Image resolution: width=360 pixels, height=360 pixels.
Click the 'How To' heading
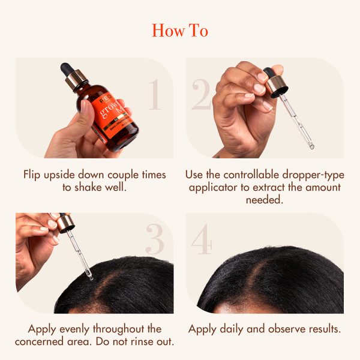pyautogui.click(x=180, y=30)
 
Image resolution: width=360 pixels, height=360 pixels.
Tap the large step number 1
pyautogui.click(x=154, y=95)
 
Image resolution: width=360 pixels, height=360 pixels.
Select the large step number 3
pyautogui.click(x=154, y=240)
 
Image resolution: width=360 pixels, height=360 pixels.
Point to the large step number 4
pyautogui.click(x=202, y=240)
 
